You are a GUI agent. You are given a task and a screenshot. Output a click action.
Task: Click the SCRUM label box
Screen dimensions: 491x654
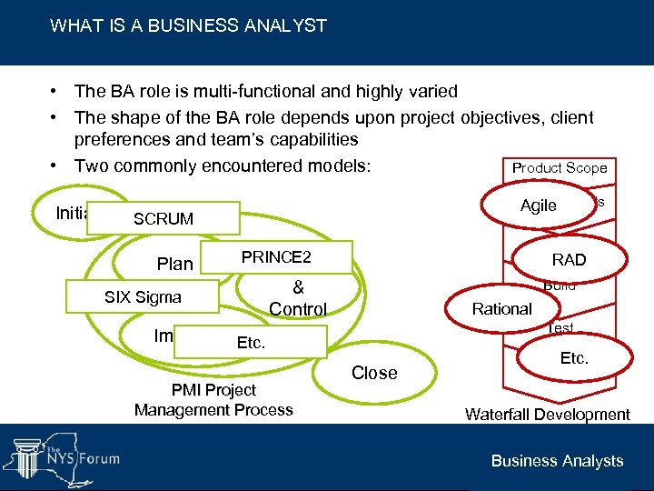coord(163,219)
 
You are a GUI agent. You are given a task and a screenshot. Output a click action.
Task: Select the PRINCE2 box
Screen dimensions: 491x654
coord(276,258)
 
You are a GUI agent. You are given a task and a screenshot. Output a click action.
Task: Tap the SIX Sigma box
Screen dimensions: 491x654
coord(143,297)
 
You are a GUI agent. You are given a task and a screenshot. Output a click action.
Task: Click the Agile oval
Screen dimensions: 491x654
coord(539,205)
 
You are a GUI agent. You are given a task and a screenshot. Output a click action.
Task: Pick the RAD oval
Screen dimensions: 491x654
coord(570,260)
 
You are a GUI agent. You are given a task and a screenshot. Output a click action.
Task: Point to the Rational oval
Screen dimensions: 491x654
coord(502,309)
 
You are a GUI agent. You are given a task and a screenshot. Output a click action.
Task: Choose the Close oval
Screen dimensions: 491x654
coord(374,373)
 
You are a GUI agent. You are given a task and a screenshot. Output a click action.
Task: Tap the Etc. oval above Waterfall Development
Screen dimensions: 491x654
coord(574,358)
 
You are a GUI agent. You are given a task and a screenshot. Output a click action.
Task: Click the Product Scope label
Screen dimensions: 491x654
coord(560,168)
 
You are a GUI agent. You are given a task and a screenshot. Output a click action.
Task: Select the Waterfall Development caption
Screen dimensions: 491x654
coord(547,415)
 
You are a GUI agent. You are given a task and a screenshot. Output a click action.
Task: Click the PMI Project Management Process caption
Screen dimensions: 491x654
coord(213,400)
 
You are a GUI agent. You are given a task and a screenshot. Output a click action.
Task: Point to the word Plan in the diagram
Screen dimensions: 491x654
coord(174,265)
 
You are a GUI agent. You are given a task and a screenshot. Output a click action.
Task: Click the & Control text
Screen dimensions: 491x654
coord(298,298)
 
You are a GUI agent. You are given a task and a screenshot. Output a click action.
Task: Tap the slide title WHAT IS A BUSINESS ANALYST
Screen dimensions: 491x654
coord(188,25)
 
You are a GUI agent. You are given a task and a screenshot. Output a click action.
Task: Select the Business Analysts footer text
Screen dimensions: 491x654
coord(557,461)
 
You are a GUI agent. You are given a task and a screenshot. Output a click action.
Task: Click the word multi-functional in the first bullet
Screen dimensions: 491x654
coord(213,91)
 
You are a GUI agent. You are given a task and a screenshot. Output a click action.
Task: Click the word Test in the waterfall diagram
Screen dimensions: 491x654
coord(560,328)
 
